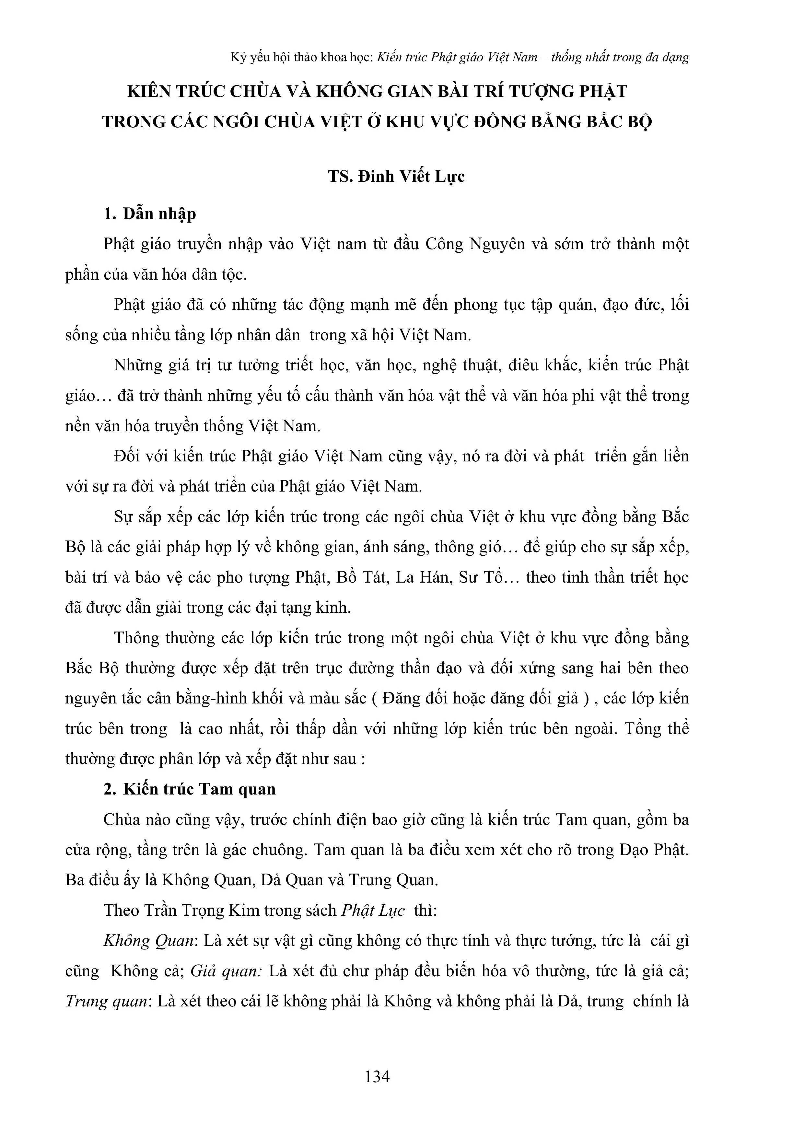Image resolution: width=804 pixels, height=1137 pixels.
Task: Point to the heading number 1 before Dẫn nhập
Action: pyautogui.click(x=110, y=214)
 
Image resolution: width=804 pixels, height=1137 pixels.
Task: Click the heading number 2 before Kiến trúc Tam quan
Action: pyautogui.click(x=110, y=789)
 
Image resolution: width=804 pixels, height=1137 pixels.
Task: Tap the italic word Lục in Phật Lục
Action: pyautogui.click(x=391, y=910)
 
